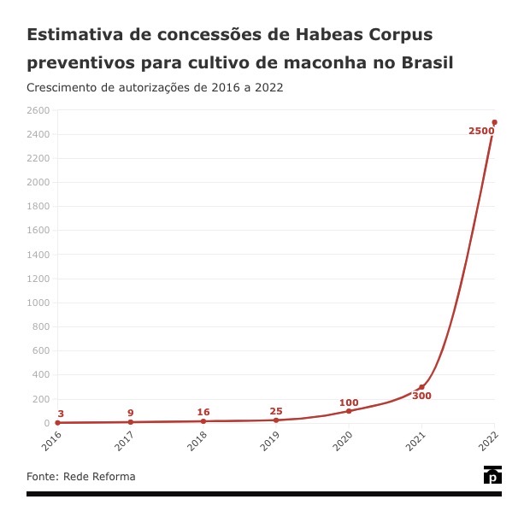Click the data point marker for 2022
pos(494,122)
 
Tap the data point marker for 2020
pos(349,411)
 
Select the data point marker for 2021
pos(421,387)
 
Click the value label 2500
pos(481,131)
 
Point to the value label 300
pos(421,397)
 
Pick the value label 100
pos(349,402)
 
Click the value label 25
pos(276,411)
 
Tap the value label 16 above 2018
pos(203,412)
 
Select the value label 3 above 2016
pos(61,414)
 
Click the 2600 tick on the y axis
pos(38,110)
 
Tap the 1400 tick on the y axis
pos(38,255)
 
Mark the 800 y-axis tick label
pos(41,326)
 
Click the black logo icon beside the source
pos(492,476)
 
